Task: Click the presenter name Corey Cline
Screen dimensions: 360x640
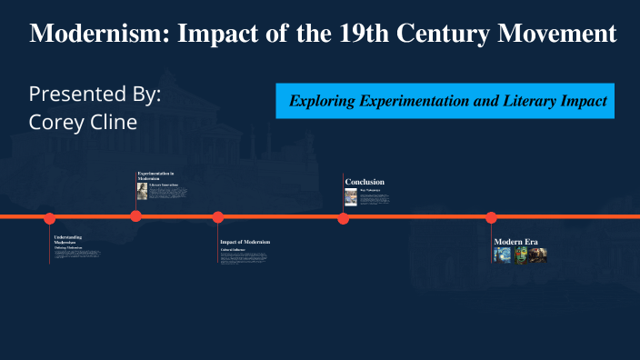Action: pyautogui.click(x=83, y=121)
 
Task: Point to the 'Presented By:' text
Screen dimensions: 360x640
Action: pyautogui.click(x=95, y=95)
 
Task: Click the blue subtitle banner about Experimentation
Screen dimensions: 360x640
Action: pyautogui.click(x=445, y=101)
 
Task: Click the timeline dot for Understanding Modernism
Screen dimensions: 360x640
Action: pyautogui.click(x=50, y=218)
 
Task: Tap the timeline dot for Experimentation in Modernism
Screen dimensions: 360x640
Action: pyautogui.click(x=135, y=216)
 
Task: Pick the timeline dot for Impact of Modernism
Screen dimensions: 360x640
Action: pyautogui.click(x=218, y=217)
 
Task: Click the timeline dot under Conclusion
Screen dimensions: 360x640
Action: pyautogui.click(x=343, y=218)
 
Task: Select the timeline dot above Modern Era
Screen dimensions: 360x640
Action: pyautogui.click(x=491, y=217)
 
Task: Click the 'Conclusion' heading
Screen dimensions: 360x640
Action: pyautogui.click(x=365, y=182)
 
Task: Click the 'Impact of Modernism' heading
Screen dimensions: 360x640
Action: pyautogui.click(x=245, y=242)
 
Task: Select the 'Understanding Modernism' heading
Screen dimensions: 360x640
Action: pyautogui.click(x=68, y=239)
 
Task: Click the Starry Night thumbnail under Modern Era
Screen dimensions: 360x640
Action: pyautogui.click(x=502, y=255)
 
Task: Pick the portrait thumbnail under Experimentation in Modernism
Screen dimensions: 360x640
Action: pyautogui.click(x=142, y=191)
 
